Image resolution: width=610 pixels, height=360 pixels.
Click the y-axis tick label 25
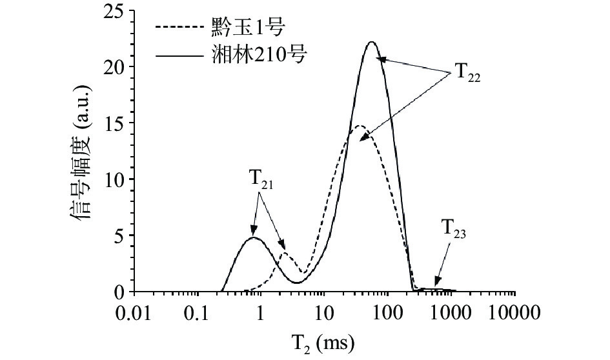pos(114,11)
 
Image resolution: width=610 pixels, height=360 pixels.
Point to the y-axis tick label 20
pos(114,67)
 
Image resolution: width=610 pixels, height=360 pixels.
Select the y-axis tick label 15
pos(114,123)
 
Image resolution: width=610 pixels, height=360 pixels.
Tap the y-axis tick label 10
pos(114,179)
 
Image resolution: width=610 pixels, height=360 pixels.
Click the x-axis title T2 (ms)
pos(325,340)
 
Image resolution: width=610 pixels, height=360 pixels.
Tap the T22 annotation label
pos(467,72)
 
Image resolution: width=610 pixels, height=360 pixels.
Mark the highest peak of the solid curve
pos(371,43)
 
